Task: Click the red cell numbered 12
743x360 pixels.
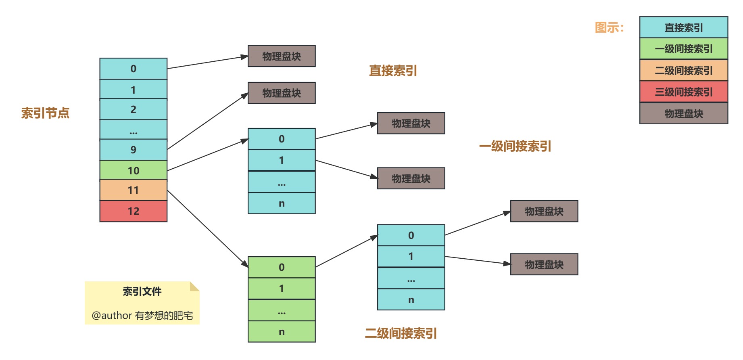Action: point(133,211)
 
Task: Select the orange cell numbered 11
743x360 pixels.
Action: point(133,190)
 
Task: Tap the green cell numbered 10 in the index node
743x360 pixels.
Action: point(133,170)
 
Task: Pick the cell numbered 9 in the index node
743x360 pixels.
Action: point(133,150)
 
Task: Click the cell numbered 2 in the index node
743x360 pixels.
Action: point(133,109)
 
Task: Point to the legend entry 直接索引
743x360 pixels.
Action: point(683,27)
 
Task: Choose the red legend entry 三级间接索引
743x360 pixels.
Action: point(683,92)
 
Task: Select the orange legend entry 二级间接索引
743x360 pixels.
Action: point(683,71)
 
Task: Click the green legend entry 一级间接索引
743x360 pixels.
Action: point(683,49)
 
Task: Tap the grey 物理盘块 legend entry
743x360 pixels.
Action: point(683,114)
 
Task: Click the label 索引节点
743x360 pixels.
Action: point(45,113)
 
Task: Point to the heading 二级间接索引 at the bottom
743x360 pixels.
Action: point(401,333)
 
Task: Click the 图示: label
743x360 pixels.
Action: point(609,27)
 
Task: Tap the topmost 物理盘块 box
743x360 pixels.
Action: point(281,56)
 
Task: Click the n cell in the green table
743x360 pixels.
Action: point(281,332)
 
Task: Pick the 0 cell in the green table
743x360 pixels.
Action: point(281,267)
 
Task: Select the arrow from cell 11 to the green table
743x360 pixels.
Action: point(207,228)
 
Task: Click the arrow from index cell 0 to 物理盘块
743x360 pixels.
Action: point(207,63)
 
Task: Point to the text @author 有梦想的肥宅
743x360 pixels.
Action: point(142,315)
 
